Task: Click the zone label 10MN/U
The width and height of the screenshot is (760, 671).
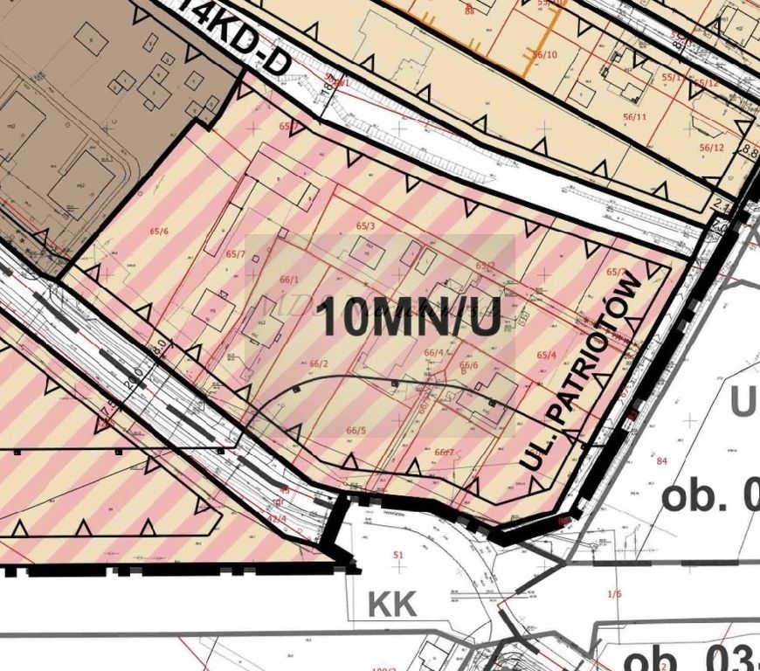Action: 408,317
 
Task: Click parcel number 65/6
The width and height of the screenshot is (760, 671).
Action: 159,231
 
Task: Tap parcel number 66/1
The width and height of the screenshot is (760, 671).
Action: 289,280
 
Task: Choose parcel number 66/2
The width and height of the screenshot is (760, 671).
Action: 318,363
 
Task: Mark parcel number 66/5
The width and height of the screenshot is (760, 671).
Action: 356,430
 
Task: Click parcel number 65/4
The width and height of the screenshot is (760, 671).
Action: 547,355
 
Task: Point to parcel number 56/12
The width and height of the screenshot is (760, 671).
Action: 712,148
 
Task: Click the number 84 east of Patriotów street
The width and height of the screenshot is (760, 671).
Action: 661,461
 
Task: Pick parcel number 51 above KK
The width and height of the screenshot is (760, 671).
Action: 400,555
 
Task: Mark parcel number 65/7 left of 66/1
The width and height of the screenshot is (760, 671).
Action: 235,254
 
